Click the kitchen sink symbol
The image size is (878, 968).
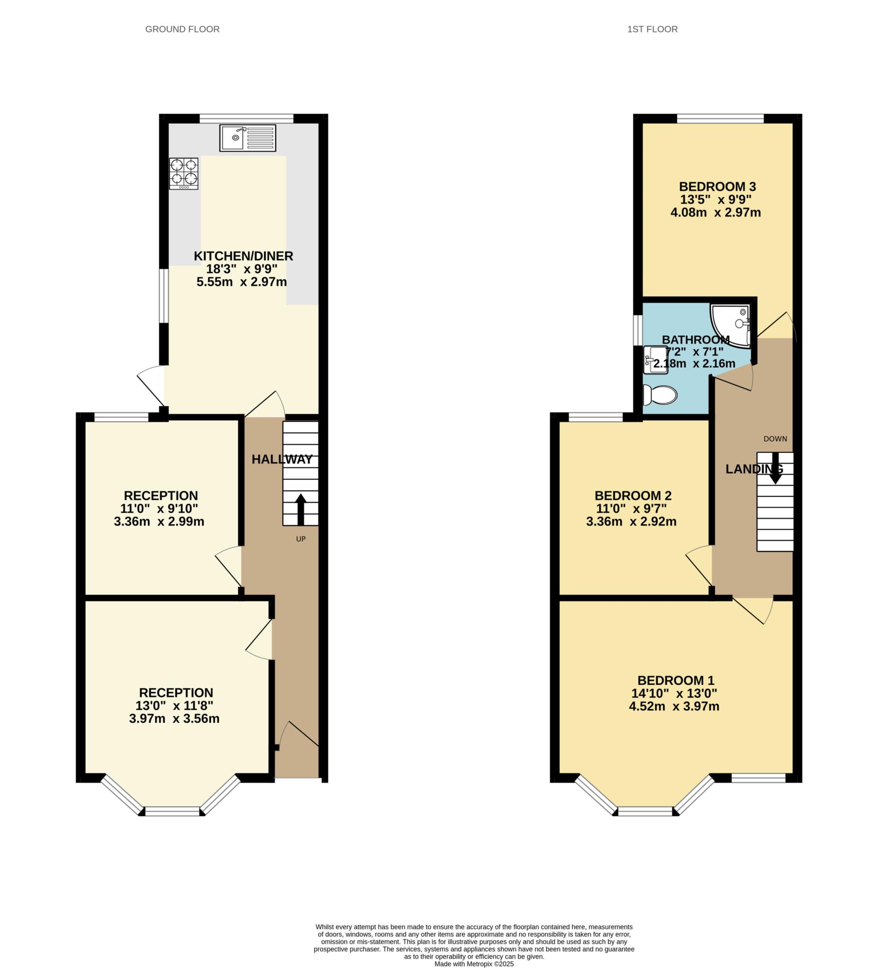coord(248,138)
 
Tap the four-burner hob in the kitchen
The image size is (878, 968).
coord(184,173)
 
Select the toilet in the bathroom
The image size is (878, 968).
coord(660,395)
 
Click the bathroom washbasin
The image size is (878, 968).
coord(655,360)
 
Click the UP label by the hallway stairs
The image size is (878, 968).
coord(301,539)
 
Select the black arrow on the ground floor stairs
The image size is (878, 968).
coord(301,510)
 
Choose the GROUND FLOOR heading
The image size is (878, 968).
coord(182,29)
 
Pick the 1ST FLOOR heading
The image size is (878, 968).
coord(653,29)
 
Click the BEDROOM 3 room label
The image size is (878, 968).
coord(717,186)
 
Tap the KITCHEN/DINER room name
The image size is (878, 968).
coord(243,256)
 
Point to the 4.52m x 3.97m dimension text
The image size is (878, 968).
coord(674,706)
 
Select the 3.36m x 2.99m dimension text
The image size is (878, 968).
coord(159,521)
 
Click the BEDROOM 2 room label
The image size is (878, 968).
coord(633,495)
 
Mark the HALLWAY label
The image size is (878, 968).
coord(282,459)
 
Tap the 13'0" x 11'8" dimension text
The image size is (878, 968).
coord(174,705)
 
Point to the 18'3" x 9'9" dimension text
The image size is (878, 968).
coord(242,269)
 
